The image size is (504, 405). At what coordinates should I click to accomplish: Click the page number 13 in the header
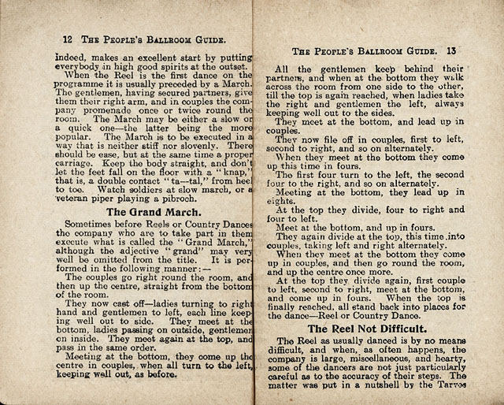pyautogui.click(x=451, y=51)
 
